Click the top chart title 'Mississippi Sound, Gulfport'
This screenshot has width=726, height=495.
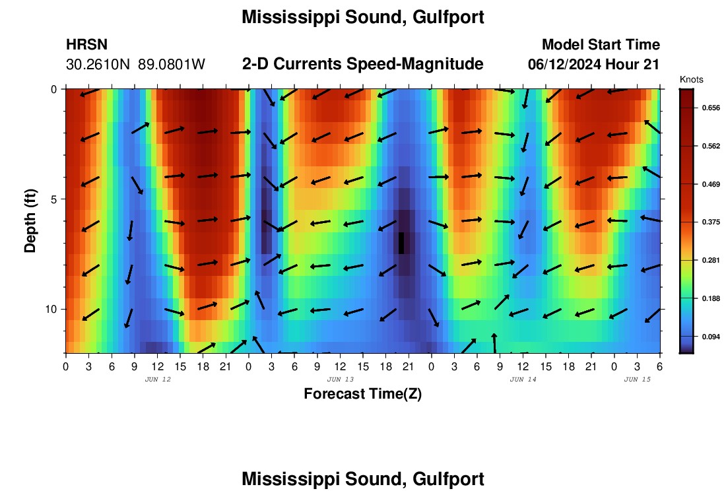pos(363,17)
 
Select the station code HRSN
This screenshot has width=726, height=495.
pos(86,45)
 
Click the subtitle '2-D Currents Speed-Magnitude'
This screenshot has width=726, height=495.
pos(363,64)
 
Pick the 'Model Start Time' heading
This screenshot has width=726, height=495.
pos(601,45)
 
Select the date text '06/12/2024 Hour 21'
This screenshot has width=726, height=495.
pos(594,65)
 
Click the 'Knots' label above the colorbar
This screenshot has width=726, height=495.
pos(691,79)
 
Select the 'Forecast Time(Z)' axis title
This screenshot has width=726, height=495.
pos(362,394)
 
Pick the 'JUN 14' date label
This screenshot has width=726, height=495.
pos(523,379)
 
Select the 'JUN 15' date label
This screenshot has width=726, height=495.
pos(637,379)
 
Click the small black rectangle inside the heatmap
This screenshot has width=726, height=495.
pos(401,243)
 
